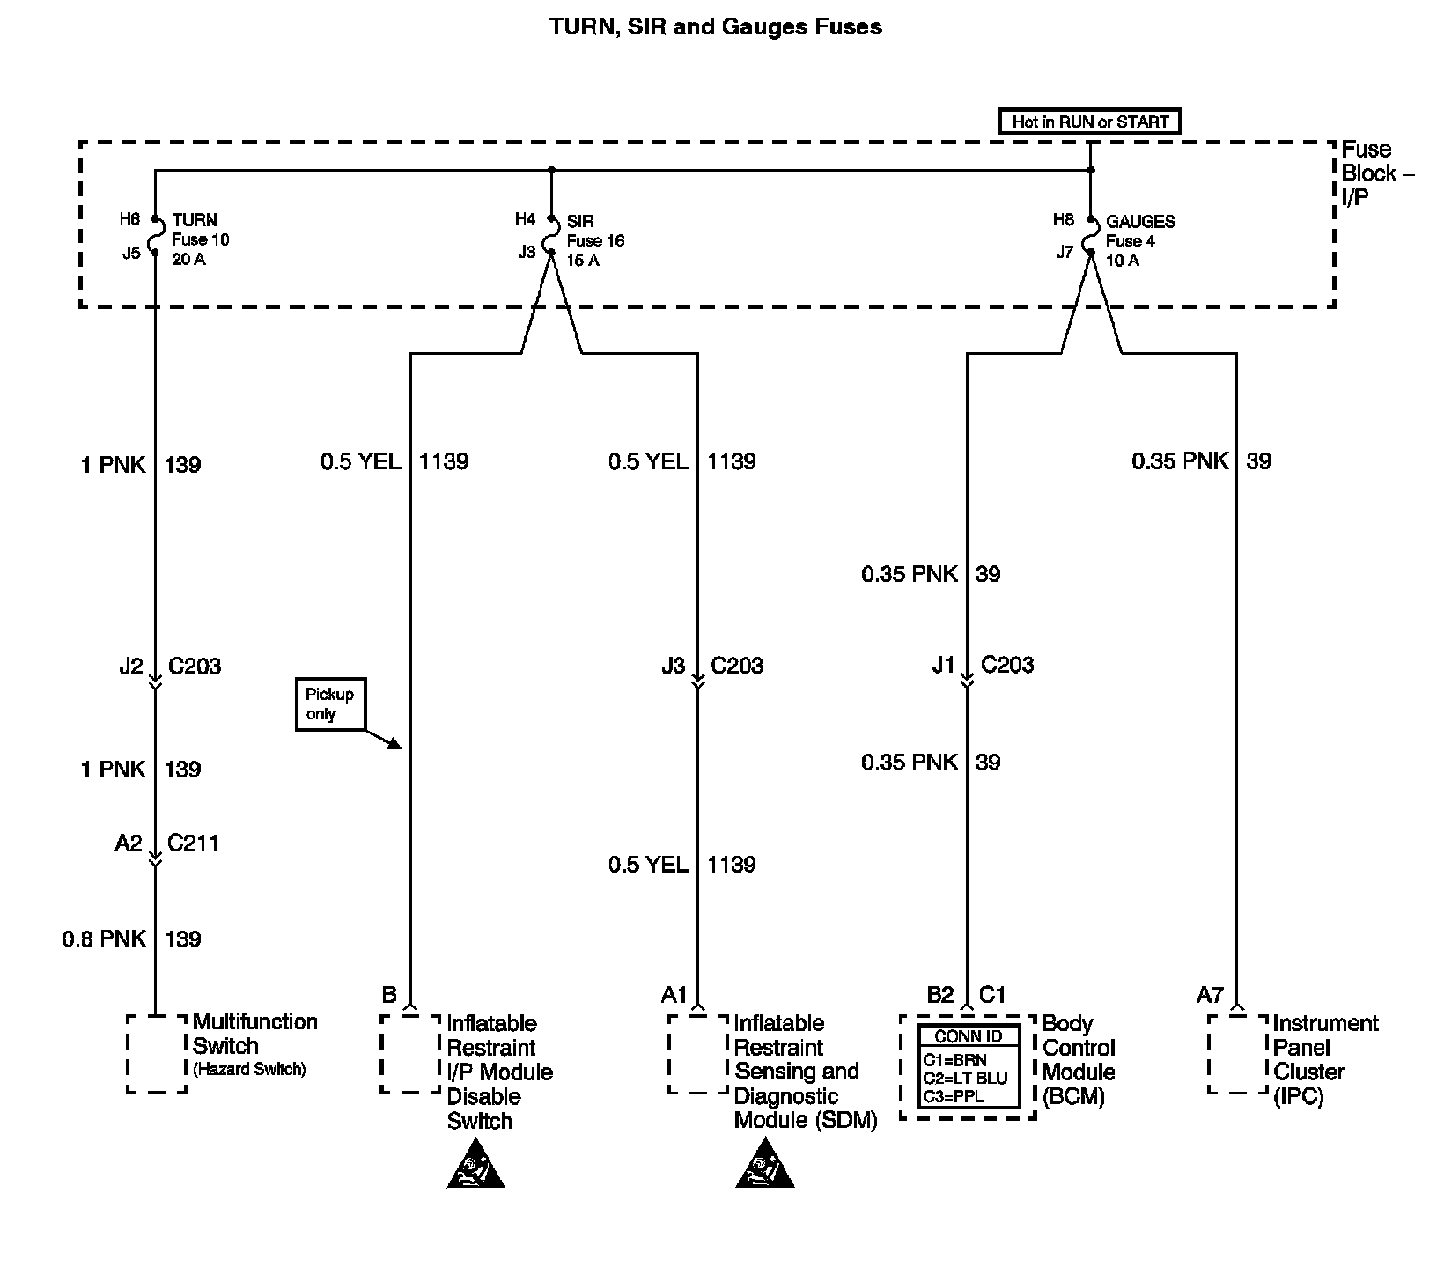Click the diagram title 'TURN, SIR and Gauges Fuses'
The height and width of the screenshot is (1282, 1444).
tap(715, 27)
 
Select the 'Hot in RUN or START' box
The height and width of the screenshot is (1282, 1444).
tap(1089, 122)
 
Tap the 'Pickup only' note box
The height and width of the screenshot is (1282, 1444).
tap(330, 704)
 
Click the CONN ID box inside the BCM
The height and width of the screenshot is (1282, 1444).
tap(969, 1066)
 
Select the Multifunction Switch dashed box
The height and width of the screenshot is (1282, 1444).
tap(157, 1054)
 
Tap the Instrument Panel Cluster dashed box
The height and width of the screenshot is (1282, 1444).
tap(1238, 1054)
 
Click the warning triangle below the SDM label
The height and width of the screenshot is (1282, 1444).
tap(765, 1167)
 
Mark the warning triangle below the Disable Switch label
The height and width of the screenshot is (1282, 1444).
tap(476, 1167)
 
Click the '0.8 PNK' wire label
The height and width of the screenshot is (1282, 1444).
tap(104, 939)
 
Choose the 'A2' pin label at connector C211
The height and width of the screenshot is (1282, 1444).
tap(129, 844)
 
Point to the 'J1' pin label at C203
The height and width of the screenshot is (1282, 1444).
tap(943, 666)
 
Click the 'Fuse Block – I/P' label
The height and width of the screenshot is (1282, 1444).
tap(1376, 173)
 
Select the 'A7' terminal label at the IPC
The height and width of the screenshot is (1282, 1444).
tap(1210, 996)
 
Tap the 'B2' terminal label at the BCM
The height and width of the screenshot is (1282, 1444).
tap(940, 996)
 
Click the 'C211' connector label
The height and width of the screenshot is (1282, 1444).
tap(193, 844)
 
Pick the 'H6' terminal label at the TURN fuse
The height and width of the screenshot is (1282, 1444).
tap(130, 218)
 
